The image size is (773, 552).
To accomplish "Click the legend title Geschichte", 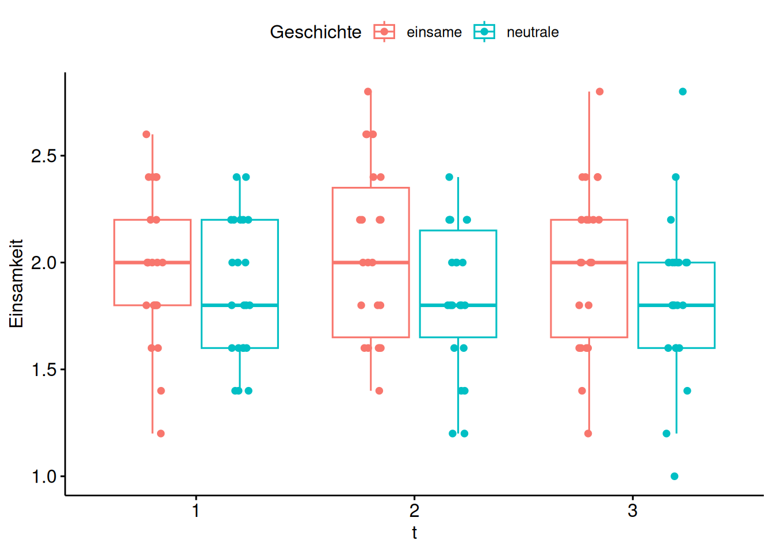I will point(316,32).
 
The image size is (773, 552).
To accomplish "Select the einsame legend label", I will point(434,32).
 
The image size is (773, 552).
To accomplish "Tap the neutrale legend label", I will point(533,32).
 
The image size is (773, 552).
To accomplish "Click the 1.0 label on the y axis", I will point(44,477).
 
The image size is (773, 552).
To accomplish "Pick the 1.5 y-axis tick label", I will point(44,370).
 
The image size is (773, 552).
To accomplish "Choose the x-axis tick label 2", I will point(414,510).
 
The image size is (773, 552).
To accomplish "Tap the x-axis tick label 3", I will point(633,510).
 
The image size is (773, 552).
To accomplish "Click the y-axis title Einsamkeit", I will point(16,283).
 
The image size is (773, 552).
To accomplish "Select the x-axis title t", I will point(414,533).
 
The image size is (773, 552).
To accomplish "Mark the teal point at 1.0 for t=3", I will point(675,476).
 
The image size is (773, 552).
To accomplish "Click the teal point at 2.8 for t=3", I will point(683,91).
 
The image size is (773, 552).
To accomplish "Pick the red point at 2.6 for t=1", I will point(146,135).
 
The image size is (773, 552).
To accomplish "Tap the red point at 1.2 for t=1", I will point(161,434).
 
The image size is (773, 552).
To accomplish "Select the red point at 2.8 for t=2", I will point(368,91).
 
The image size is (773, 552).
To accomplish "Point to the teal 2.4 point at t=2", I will point(449,177).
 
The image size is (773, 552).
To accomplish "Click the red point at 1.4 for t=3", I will point(582,391).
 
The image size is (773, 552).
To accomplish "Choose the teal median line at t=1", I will point(240,305).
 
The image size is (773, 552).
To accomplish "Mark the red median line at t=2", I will point(371,262).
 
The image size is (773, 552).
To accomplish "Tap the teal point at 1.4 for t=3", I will point(687,391).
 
